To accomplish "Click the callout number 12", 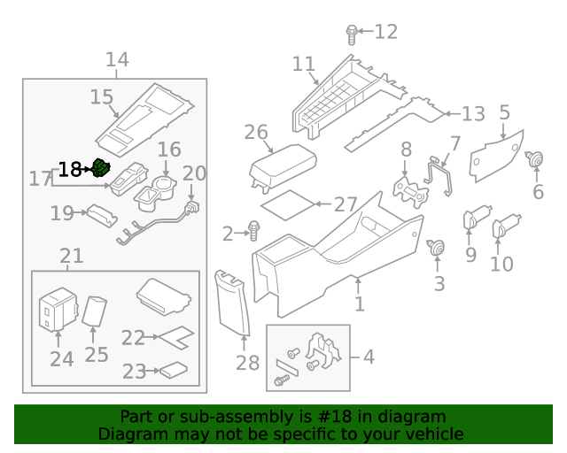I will tap(386, 33).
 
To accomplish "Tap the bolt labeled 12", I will tap(352, 35).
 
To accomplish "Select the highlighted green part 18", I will tap(101, 168).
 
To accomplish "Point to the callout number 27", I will tap(346, 205).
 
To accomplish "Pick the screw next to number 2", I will tap(254, 232).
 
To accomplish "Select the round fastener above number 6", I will tap(535, 160).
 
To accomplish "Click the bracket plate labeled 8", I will tap(408, 188).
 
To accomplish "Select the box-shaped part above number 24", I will tap(58, 306).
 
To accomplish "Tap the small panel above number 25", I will tap(95, 311).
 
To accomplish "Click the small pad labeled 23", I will tap(173, 371).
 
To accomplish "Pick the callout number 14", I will tap(117, 60).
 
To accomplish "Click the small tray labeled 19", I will tap(99, 215).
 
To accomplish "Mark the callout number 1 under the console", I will tap(360, 305).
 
